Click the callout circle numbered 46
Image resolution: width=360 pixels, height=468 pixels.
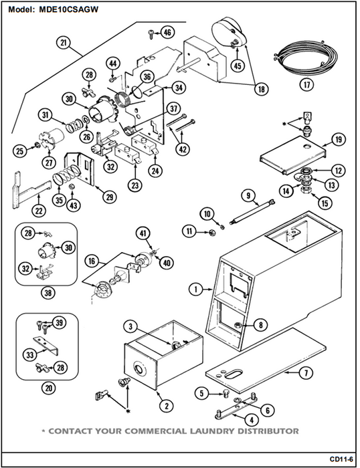pos(167,32)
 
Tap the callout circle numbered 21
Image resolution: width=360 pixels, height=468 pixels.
pos(64,43)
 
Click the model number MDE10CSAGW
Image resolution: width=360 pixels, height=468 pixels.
pos(68,9)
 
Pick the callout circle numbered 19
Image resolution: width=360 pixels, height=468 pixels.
pos(339,139)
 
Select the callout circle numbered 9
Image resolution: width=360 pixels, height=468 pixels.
pos(248,196)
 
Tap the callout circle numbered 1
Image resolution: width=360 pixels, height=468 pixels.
pos(196,289)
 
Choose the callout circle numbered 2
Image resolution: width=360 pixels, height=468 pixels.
pos(167,405)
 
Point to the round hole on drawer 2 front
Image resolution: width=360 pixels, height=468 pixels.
pos(140,369)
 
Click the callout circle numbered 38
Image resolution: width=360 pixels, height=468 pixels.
pos(48,293)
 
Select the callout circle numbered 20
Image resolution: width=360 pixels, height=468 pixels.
pos(49,388)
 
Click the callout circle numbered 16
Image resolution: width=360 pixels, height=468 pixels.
pos(92,261)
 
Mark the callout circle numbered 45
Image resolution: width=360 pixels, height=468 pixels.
pos(238,66)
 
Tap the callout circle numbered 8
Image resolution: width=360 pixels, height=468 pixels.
pos(261,325)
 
